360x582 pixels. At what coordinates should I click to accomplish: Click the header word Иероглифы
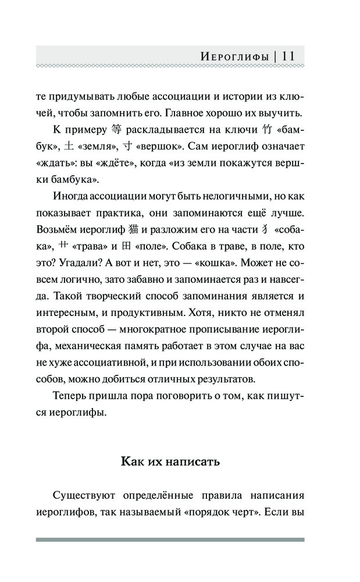(234, 56)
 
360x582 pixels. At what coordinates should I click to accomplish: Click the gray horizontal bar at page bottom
(170, 540)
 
